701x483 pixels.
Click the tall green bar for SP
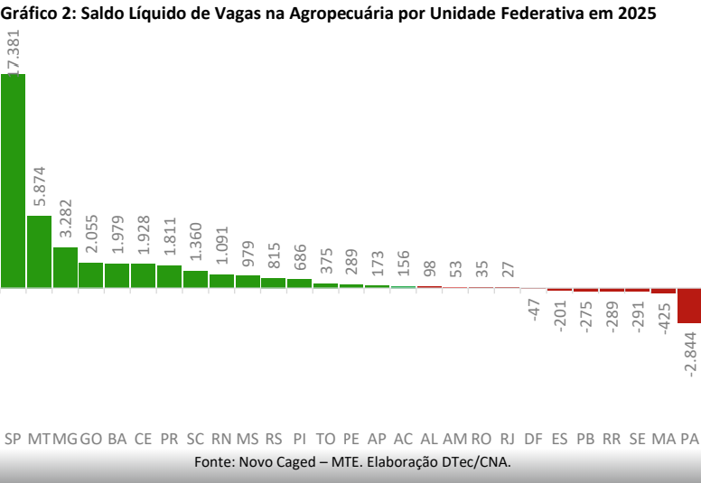coord(13,181)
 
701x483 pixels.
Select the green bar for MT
coord(39,252)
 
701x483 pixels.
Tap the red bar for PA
coord(689,305)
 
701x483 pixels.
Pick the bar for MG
coord(65,267)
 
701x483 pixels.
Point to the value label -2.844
coord(690,360)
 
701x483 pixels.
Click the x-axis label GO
coord(90,440)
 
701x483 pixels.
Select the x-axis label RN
coord(221,440)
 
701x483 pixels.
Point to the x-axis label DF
coord(534,440)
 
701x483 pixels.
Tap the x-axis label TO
coord(325,440)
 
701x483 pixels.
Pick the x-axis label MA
coord(663,440)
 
